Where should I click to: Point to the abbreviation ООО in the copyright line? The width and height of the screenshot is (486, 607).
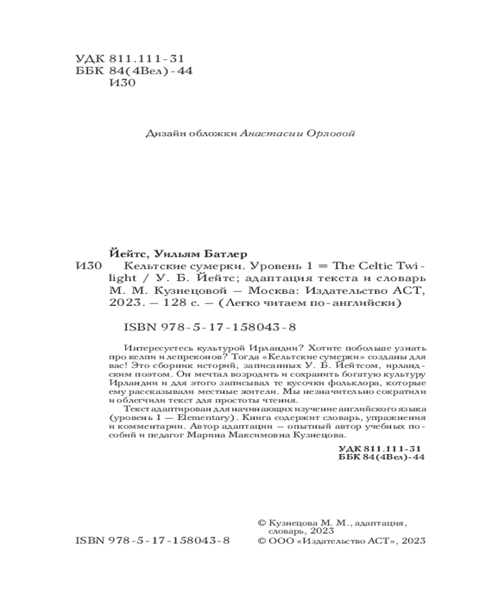click(281, 541)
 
